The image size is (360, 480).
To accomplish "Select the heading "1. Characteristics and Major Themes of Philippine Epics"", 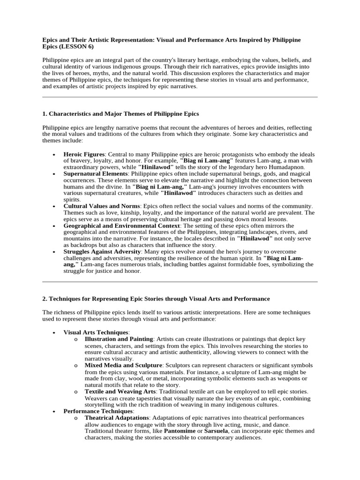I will tap(120, 114).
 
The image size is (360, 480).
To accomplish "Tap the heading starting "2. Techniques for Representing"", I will tap(156, 299).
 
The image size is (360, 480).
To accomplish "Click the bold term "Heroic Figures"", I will tap(85, 154).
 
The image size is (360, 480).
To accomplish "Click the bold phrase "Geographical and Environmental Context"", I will tap(122, 225).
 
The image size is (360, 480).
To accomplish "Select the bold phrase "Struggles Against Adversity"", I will tap(102, 251).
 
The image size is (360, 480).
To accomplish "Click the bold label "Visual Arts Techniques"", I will tap(96, 332).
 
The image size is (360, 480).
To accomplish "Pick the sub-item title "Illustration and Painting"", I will tap(119, 338).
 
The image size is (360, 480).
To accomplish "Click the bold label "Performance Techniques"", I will tap(98, 411).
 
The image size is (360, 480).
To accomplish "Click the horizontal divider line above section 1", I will tap(180, 97).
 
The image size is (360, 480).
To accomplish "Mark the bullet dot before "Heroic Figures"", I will tap(55, 155).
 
